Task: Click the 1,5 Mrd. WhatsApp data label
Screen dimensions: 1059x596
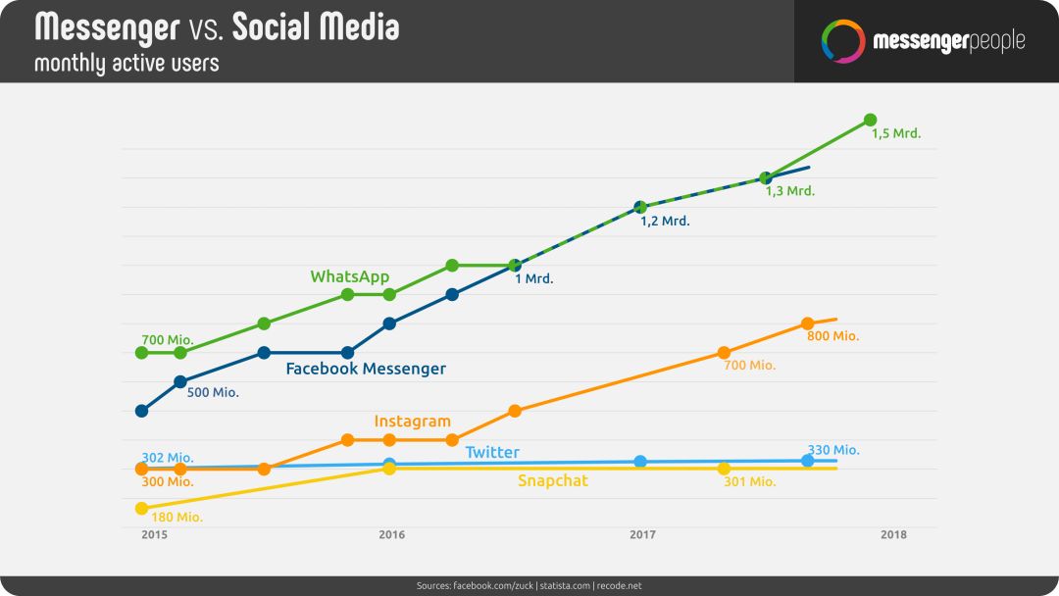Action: tap(895, 133)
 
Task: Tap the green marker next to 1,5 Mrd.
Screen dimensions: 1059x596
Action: tap(871, 121)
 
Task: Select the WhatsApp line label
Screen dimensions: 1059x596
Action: tap(350, 276)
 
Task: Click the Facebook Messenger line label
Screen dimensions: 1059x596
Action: tap(366, 369)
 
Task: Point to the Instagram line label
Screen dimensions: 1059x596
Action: tap(412, 422)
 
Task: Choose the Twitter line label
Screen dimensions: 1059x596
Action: tap(492, 452)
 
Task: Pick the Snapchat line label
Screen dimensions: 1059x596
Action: tap(552, 480)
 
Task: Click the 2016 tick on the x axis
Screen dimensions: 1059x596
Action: tap(391, 534)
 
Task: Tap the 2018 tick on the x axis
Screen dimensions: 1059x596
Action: tap(893, 534)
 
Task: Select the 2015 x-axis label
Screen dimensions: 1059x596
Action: tap(155, 534)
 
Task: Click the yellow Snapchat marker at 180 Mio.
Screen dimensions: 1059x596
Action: tap(142, 508)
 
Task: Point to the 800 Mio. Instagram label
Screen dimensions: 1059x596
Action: tap(832, 336)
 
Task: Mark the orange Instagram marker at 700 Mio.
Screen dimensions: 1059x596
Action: tap(724, 353)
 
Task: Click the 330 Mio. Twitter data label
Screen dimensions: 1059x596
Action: tap(833, 450)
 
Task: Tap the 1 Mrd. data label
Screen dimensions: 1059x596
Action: tap(533, 278)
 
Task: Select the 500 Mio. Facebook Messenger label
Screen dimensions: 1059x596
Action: tap(213, 392)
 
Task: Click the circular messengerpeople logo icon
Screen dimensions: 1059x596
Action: tap(843, 41)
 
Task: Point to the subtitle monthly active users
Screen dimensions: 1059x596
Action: tap(126, 64)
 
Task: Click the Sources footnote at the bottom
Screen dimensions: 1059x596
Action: tap(529, 586)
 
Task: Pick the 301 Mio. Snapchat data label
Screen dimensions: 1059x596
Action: tap(750, 482)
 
